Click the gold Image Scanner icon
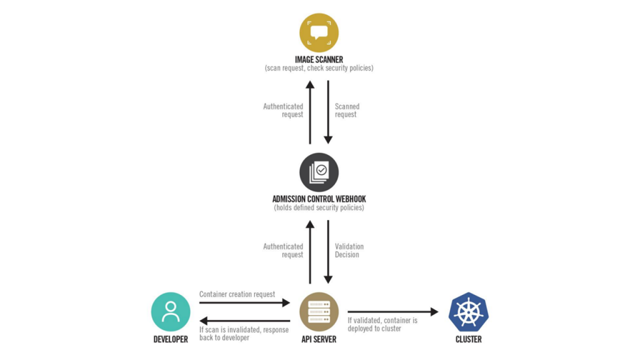pyautogui.click(x=319, y=32)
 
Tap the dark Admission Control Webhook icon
pyautogui.click(x=319, y=172)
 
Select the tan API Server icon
pyautogui.click(x=319, y=312)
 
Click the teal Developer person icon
pyautogui.click(x=171, y=312)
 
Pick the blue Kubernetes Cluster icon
pyautogui.click(x=469, y=312)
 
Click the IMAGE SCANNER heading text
pyautogui.click(x=319, y=59)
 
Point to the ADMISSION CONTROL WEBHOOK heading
pyautogui.click(x=319, y=199)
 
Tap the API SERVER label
pyautogui.click(x=319, y=339)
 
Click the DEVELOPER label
pyautogui.click(x=171, y=339)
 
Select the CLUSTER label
pyautogui.click(x=469, y=339)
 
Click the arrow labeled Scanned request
pyautogui.click(x=327, y=112)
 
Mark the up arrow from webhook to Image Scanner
pyautogui.click(x=310, y=112)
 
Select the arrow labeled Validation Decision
pyautogui.click(x=327, y=252)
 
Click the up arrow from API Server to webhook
pyautogui.click(x=310, y=252)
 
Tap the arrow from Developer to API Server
pyautogui.click(x=244, y=303)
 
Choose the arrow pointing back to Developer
pyautogui.click(x=244, y=321)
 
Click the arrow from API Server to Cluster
pyautogui.click(x=393, y=312)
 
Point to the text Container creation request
pyautogui.click(x=237, y=294)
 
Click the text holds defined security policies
pyautogui.click(x=319, y=207)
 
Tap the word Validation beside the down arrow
pyautogui.click(x=349, y=246)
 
